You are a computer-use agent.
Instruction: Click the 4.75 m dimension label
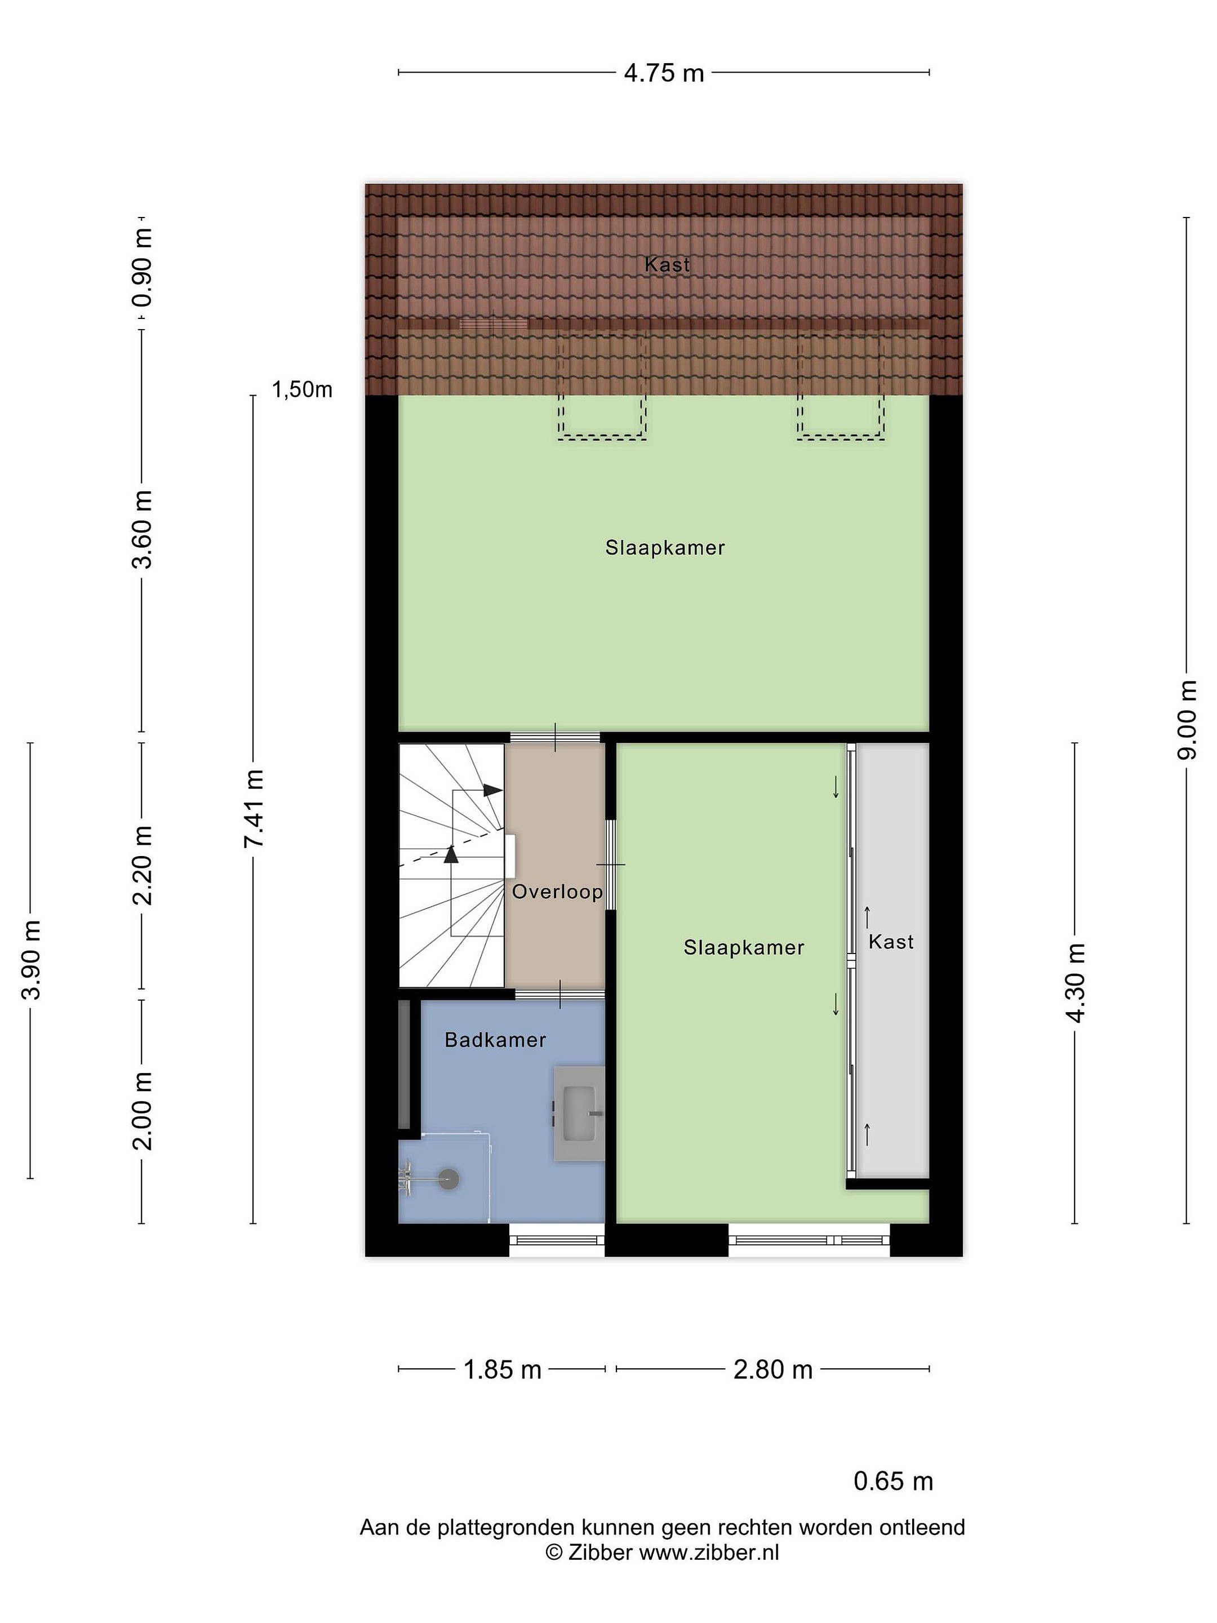[663, 73]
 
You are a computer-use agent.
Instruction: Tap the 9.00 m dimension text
[1188, 720]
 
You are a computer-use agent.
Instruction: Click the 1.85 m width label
[503, 1369]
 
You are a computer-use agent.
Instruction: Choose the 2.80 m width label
[773, 1369]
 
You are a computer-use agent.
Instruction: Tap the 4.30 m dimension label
[1076, 982]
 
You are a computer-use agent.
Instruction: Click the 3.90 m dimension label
[31, 960]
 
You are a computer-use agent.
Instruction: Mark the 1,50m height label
[302, 389]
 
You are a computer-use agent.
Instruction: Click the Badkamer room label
[495, 1040]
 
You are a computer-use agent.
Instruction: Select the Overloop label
[557, 892]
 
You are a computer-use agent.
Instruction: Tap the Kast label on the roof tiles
[667, 264]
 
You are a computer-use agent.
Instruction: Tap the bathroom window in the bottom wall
[557, 1240]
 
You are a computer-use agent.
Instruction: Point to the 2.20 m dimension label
[143, 865]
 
